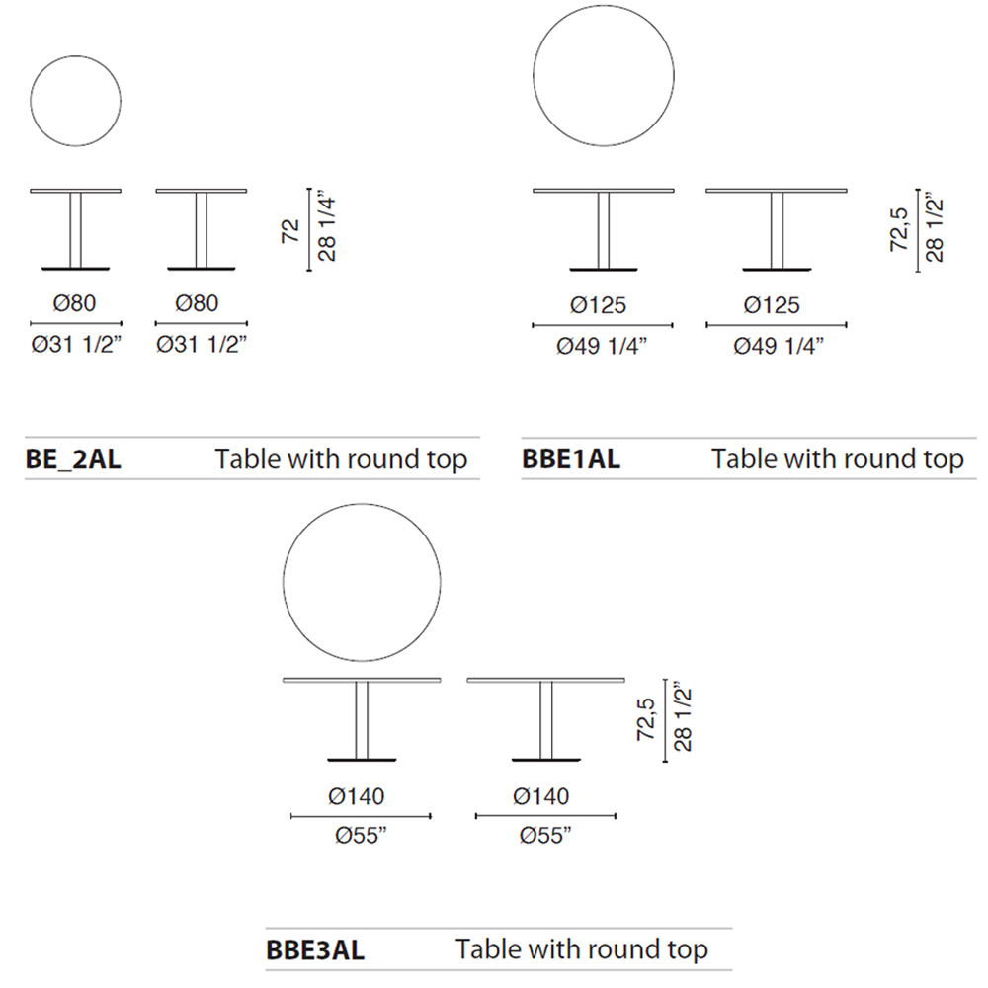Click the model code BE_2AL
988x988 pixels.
pyautogui.click(x=73, y=458)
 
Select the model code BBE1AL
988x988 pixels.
pyautogui.click(x=571, y=458)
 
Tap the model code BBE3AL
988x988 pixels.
pyautogui.click(x=315, y=950)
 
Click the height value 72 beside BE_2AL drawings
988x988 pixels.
pyautogui.click(x=290, y=231)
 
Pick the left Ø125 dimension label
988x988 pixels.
pyautogui.click(x=598, y=305)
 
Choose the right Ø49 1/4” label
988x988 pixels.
pyautogui.click(x=779, y=346)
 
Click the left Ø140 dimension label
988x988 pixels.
pyautogui.click(x=356, y=796)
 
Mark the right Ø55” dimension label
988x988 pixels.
pyautogui.click(x=545, y=836)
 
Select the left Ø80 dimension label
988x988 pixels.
pyautogui.click(x=74, y=303)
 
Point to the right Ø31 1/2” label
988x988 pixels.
pyautogui.click(x=201, y=344)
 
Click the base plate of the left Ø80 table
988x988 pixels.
pyautogui.click(x=76, y=269)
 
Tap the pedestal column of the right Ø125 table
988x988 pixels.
pyautogui.click(x=777, y=230)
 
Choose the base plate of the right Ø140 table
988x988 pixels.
pyautogui.click(x=545, y=760)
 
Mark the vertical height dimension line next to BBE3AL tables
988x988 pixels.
pyautogui.click(x=665, y=720)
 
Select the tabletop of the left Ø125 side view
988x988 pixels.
pyautogui.click(x=604, y=191)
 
